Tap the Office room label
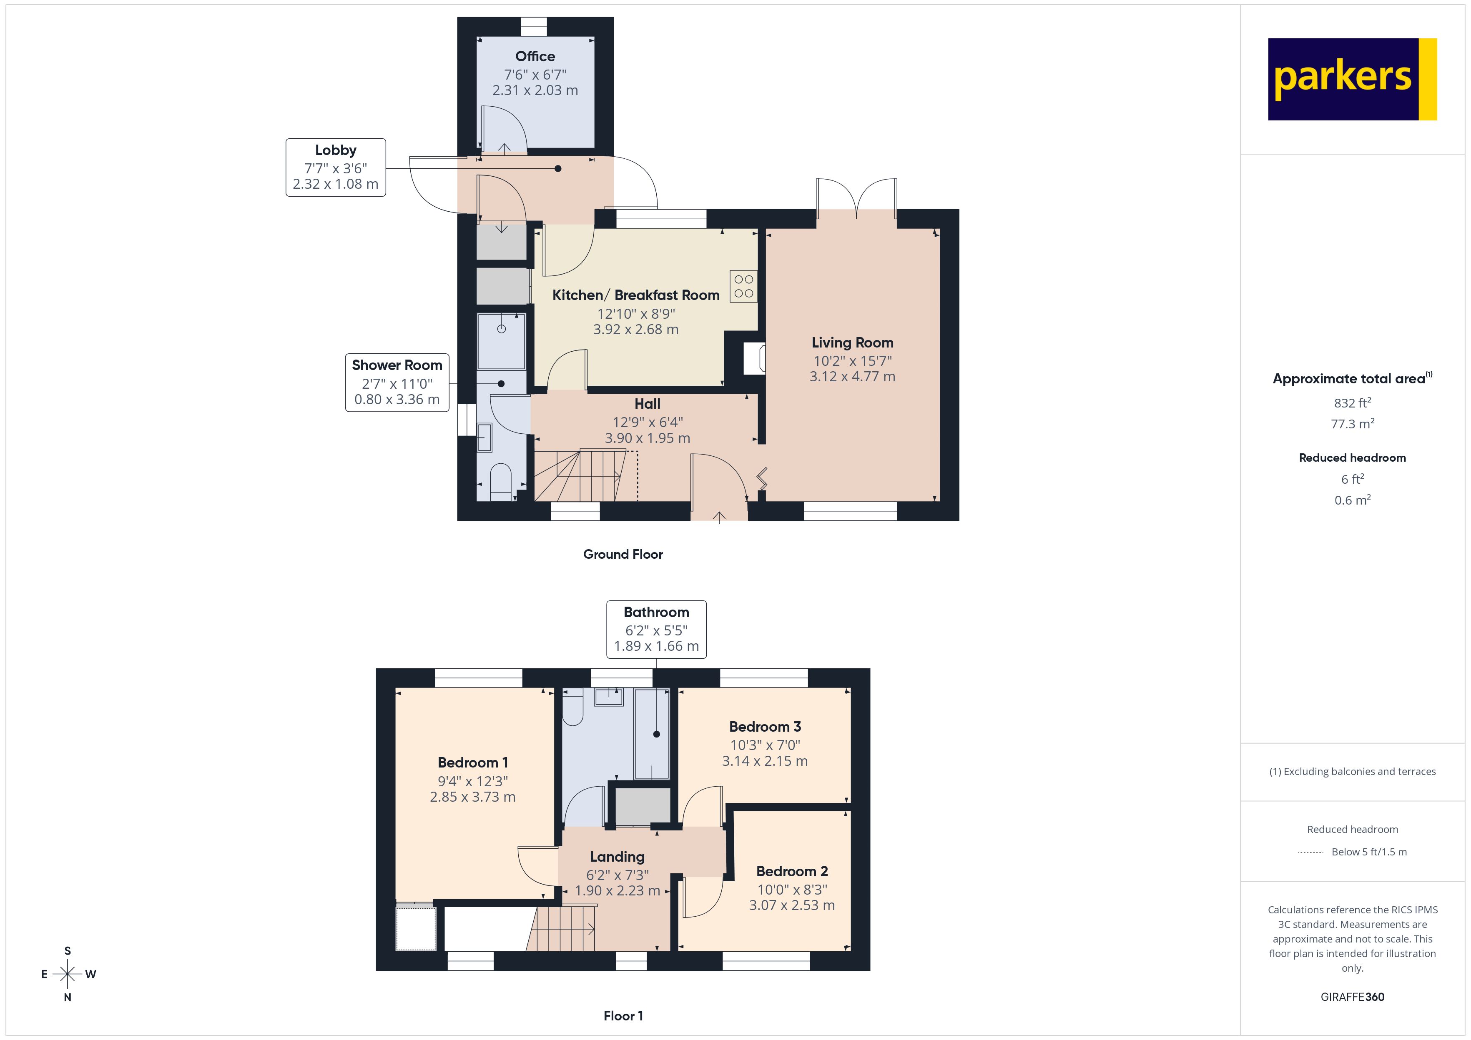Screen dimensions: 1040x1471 [535, 56]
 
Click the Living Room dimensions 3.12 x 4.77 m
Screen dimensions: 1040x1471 [852, 377]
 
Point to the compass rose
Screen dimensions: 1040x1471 [67, 974]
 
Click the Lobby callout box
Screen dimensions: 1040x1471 [335, 167]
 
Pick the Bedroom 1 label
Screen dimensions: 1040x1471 [473, 763]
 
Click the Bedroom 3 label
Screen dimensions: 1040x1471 [765, 727]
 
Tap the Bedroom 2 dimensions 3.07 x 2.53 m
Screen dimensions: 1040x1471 [792, 905]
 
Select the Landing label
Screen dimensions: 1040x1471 [617, 857]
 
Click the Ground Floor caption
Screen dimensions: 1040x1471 [623, 555]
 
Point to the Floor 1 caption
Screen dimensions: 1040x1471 [623, 1016]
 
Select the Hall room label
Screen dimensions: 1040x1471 [647, 404]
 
